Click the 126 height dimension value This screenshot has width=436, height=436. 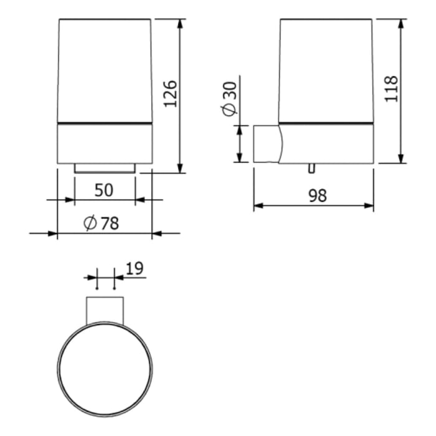pos(170,93)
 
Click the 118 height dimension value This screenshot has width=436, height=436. pos(391,88)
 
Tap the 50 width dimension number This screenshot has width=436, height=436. pos(104,190)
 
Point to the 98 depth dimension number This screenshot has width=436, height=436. pos(318,196)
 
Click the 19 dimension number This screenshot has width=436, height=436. pos(135,268)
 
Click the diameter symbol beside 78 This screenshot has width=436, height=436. pos(90,223)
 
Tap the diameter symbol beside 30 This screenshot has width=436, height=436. pos(230,110)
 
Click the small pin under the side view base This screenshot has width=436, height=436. pos(312,168)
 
